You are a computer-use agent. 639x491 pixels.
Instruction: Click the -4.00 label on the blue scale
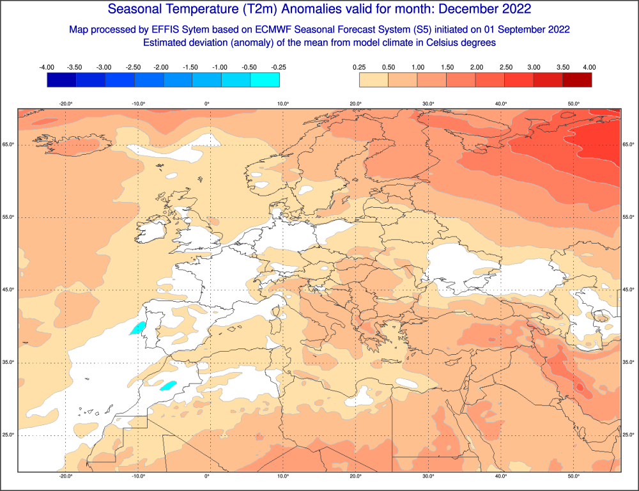pos(46,67)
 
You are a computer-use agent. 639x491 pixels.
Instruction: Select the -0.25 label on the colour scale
pos(279,67)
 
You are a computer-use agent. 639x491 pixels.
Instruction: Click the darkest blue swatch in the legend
pos(61,79)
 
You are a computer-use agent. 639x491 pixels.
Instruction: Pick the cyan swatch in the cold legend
pos(265,79)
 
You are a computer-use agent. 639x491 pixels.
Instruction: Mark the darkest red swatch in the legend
pos(577,79)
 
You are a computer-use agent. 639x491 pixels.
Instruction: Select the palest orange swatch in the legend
pos(374,79)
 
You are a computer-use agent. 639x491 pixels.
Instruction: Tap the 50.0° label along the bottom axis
pos(573,476)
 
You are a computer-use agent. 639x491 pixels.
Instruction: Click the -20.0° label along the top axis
pos(66,103)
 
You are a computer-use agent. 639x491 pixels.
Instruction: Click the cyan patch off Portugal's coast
pos(136,329)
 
